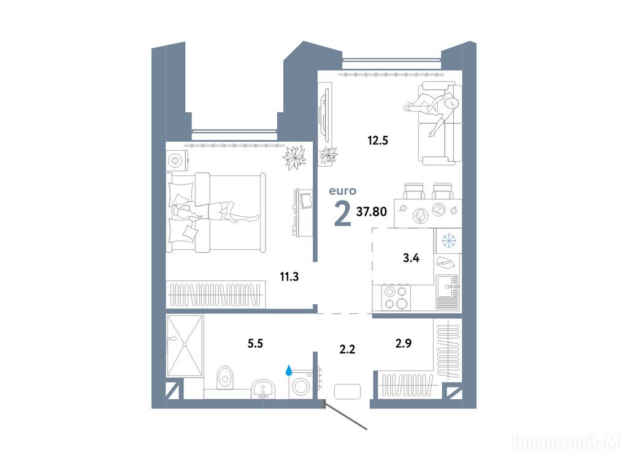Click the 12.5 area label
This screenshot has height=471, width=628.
click(378, 140)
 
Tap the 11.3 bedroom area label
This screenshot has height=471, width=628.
click(289, 277)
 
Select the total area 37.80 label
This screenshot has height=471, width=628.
click(372, 211)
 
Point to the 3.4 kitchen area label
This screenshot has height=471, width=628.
click(411, 258)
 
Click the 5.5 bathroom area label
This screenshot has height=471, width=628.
click(255, 343)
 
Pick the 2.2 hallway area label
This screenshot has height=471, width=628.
click(347, 349)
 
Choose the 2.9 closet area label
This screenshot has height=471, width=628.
click(404, 343)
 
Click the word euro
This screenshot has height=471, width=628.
click(342, 191)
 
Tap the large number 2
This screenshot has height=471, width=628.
click(342, 214)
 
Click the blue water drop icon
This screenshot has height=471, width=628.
click(289, 370)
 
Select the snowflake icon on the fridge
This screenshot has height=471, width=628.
click(448, 240)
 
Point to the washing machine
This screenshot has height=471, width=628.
click(301, 385)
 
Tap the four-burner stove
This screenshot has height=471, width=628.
click(396, 297)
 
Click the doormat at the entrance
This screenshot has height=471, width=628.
click(347, 391)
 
